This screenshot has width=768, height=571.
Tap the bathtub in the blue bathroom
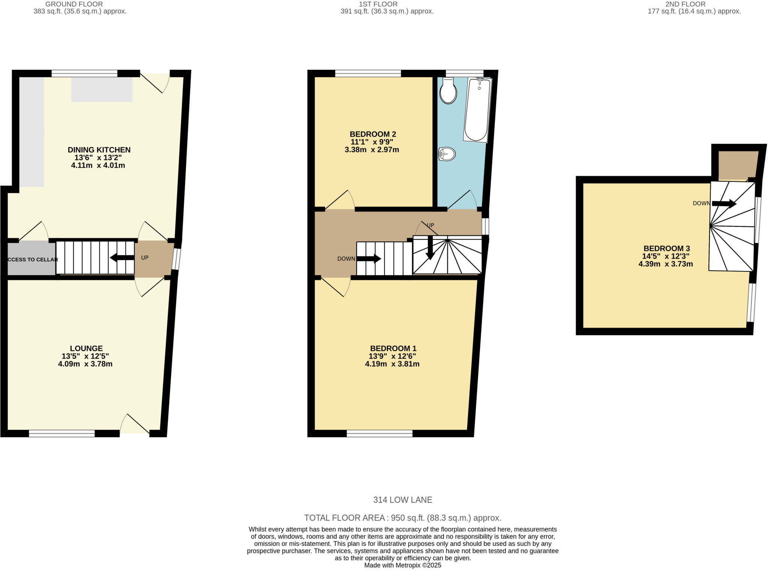click(x=477, y=109)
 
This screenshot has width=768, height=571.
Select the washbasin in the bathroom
click(x=447, y=154)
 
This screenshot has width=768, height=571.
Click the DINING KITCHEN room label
click(x=99, y=150)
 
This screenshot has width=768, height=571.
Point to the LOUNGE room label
click(x=86, y=348)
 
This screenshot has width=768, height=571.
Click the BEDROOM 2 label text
click(x=373, y=134)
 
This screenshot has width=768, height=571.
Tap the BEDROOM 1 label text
click(x=393, y=348)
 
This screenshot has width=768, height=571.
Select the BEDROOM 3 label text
click(x=666, y=248)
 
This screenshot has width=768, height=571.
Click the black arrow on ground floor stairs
click(x=122, y=258)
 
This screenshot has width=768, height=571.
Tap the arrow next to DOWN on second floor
click(x=724, y=204)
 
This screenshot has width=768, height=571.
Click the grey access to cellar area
click(x=32, y=259)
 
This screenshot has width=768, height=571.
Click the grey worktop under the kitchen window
click(x=102, y=89)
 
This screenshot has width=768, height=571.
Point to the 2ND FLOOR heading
click(x=685, y=4)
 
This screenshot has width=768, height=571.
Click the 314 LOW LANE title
click(x=402, y=500)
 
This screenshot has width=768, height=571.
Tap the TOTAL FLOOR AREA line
click(x=402, y=518)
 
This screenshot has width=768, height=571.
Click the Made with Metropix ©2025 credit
click(x=402, y=565)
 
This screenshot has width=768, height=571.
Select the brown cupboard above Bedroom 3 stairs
click(x=737, y=165)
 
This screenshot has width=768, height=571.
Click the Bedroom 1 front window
click(x=379, y=434)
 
